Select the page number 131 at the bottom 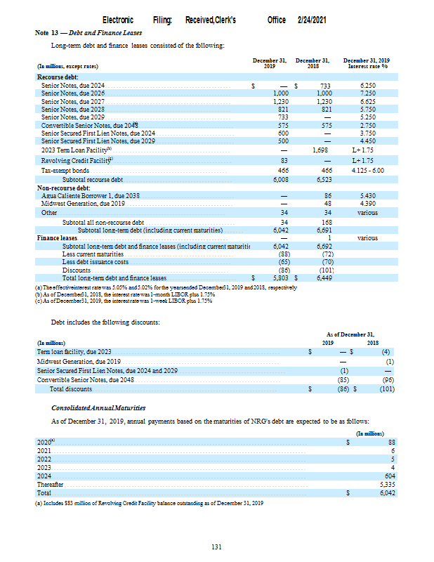tap(217, 547)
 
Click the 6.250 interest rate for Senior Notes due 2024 tap(367, 84)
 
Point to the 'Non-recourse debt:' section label tap(64, 188)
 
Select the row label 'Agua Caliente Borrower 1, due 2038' tap(87, 195)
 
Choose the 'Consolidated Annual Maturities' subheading tap(98, 407)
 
